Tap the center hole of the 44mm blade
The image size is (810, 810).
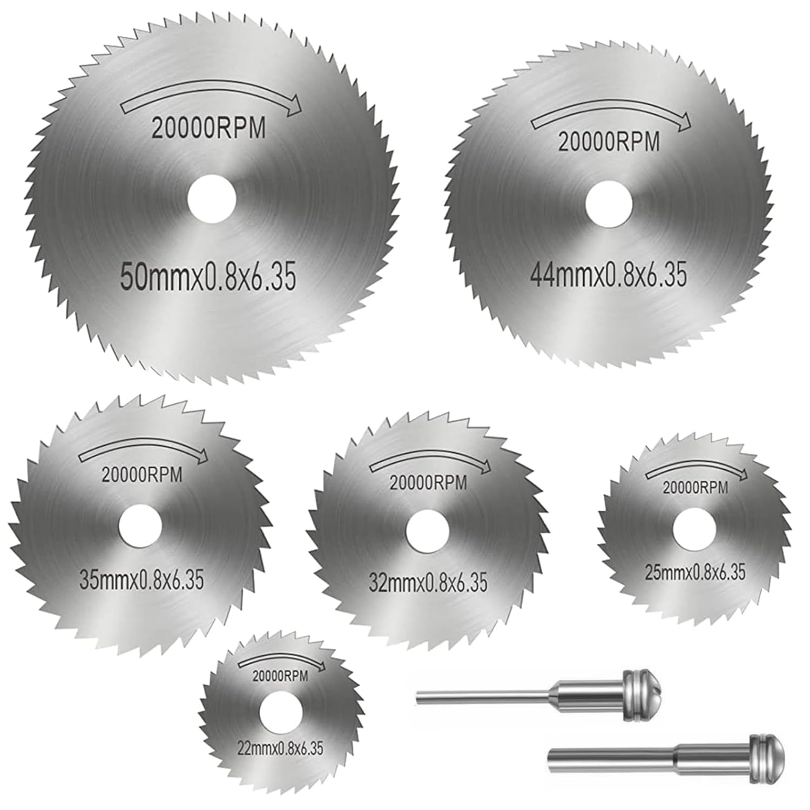tap(609, 204)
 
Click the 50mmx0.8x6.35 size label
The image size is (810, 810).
tap(207, 278)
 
